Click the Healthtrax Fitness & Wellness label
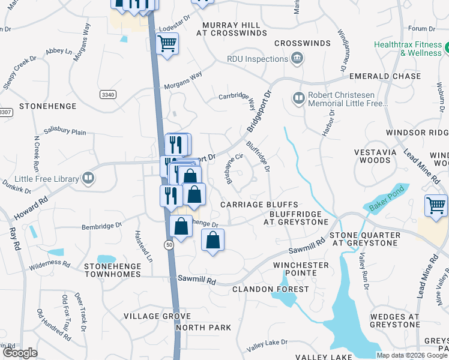coord(408,49)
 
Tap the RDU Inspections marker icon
coord(296,58)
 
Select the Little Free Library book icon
coord(88,178)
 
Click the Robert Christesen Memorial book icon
coord(298,97)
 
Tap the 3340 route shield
coord(108,94)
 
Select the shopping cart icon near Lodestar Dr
coord(167,43)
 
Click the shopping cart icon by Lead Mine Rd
coord(436,206)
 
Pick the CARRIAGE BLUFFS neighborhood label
coord(259,205)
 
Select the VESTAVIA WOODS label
coord(376,156)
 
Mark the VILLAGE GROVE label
coord(148,316)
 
